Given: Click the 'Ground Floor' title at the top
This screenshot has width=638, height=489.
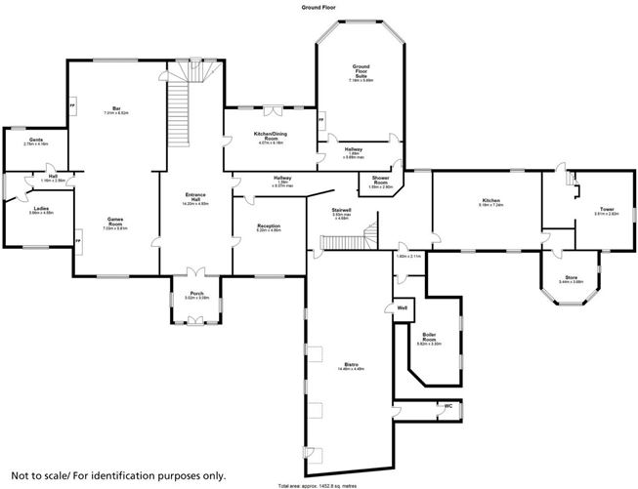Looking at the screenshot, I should [x=319, y=6].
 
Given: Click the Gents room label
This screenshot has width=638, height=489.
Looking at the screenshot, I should [x=35, y=142].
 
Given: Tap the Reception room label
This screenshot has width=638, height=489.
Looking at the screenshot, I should [x=269, y=227].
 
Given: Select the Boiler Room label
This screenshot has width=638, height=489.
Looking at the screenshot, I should [x=429, y=339].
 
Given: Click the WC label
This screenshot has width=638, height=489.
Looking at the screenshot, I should [x=448, y=406].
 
